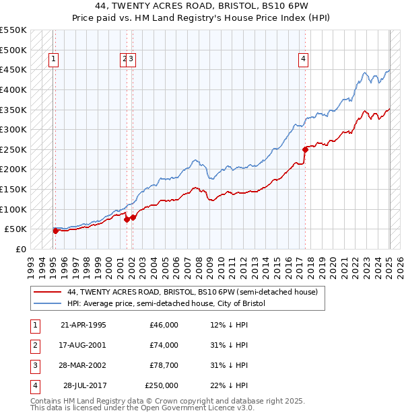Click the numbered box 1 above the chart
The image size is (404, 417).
tap(54, 59)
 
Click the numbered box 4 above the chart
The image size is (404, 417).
tap(304, 59)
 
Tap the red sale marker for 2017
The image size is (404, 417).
tap(305, 149)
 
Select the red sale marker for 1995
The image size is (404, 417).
tap(56, 231)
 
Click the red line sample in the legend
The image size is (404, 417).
tap(47, 292)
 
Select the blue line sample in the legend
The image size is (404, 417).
tap(47, 303)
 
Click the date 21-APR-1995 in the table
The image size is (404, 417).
tap(83, 325)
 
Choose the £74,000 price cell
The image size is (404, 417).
tap(164, 345)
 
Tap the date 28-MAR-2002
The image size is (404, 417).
tap(83, 365)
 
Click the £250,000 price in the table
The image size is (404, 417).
tap(162, 385)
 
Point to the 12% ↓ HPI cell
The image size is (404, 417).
tap(229, 325)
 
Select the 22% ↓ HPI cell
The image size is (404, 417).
tap(229, 385)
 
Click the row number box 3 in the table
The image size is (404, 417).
tap(34, 365)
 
